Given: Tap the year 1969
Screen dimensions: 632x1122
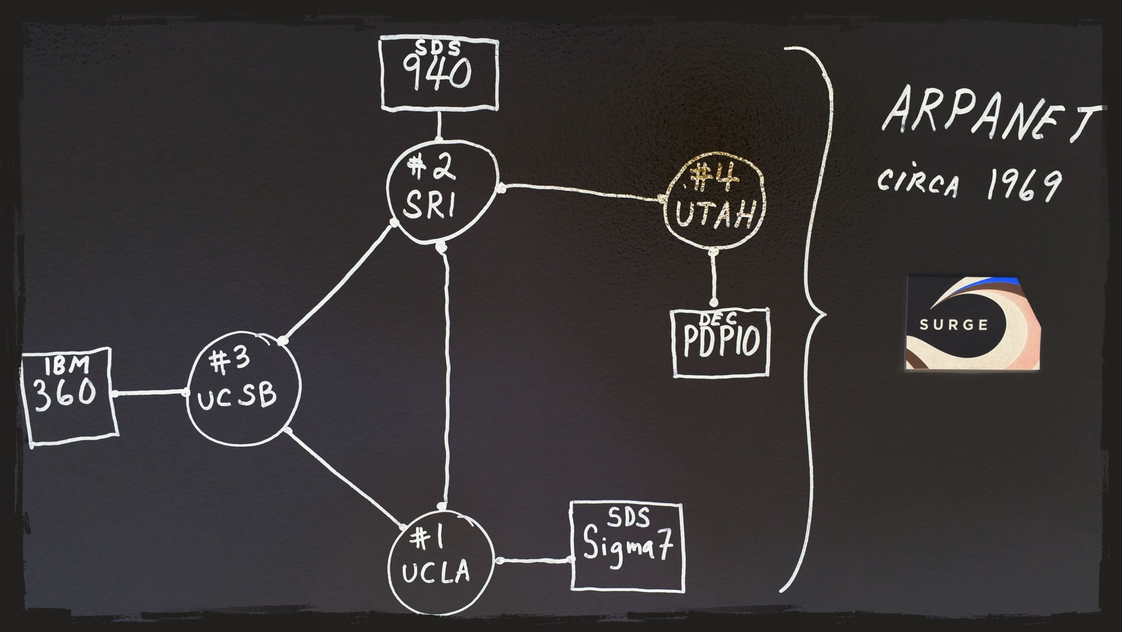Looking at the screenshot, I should tap(1024, 185).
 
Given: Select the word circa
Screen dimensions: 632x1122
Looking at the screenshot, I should tap(918, 183).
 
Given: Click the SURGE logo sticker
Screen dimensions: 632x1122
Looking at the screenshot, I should tap(973, 323).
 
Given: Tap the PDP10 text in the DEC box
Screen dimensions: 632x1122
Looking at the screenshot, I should tap(721, 341).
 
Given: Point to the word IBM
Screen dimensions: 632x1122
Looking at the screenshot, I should tap(67, 365).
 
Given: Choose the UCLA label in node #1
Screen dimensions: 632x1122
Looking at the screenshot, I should tap(436, 572).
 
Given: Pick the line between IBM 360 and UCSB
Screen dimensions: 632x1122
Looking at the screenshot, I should tap(150, 393).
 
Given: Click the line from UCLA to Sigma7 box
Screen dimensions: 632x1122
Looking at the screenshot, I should tap(534, 560).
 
